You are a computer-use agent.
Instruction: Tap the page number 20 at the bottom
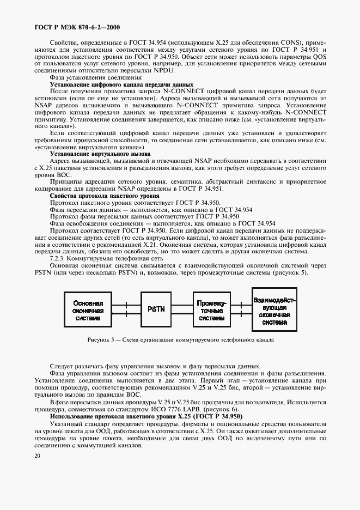click(38, 456)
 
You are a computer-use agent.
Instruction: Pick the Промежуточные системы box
click(213, 309)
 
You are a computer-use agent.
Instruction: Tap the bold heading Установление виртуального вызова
click(100, 154)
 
